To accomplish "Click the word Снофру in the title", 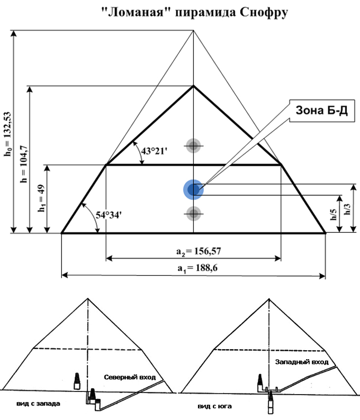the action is (264, 12).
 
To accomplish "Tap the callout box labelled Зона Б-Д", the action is (322, 111).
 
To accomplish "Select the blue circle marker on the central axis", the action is (193, 190).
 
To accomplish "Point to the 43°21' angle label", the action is (154, 151).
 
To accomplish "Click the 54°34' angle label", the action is (109, 215).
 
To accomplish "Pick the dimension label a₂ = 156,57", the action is (199, 251).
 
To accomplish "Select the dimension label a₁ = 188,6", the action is (197, 268).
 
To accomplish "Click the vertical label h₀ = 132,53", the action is (7, 134).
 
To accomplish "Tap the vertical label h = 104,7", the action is (24, 164).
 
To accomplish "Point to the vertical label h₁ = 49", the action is (41, 198).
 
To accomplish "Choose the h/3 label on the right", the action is (347, 209).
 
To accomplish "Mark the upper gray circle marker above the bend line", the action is (193, 146).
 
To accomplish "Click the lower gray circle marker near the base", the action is (193, 214).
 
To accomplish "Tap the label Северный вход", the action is (130, 377).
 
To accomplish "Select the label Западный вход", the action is (302, 362).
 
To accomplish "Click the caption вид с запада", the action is (38, 404).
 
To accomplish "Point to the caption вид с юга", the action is (215, 406).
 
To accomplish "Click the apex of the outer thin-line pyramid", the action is (194, 31).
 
